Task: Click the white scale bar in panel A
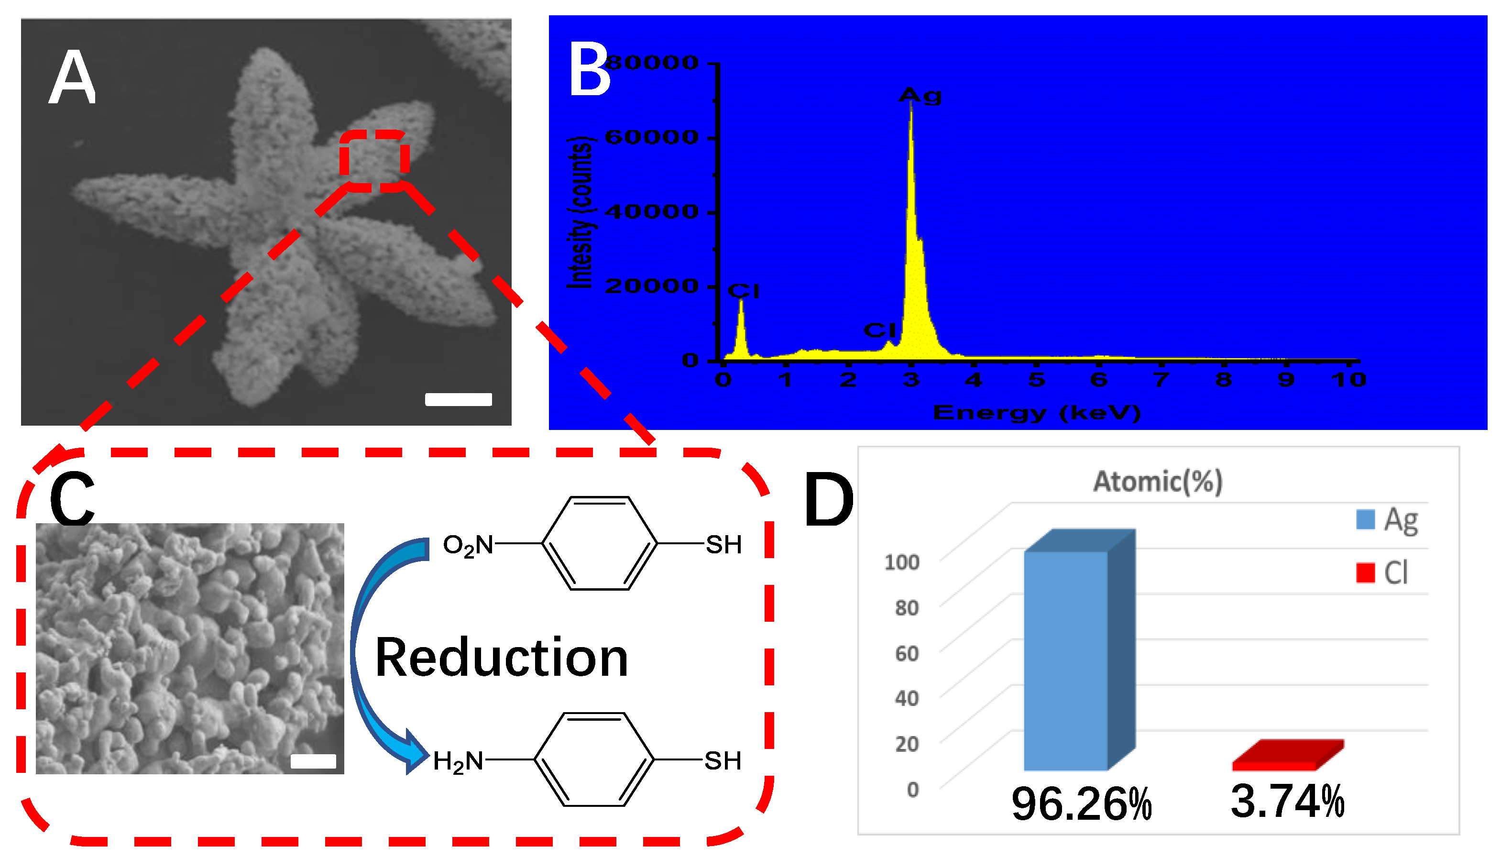point(458,399)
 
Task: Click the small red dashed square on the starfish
point(374,160)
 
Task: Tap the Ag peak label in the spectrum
point(920,96)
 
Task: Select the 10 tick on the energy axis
point(1348,380)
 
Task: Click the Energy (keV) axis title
point(1037,412)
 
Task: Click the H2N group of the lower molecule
point(458,761)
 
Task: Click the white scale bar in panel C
point(313,761)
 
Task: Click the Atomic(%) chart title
point(1158,482)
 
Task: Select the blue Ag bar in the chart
point(1066,660)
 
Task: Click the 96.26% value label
point(1081,804)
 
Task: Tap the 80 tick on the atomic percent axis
point(907,607)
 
